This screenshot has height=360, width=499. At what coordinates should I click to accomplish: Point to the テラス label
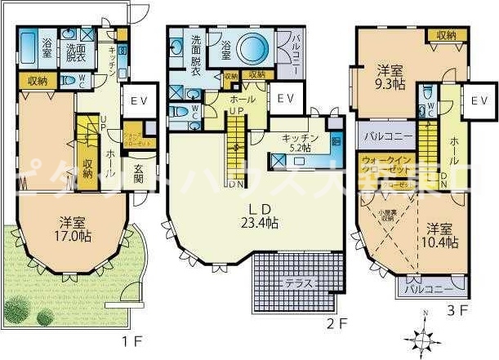click(301, 283)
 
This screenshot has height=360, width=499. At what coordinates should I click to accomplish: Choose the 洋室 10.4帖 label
click(439, 236)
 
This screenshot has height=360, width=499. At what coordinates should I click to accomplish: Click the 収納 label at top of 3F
click(446, 35)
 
